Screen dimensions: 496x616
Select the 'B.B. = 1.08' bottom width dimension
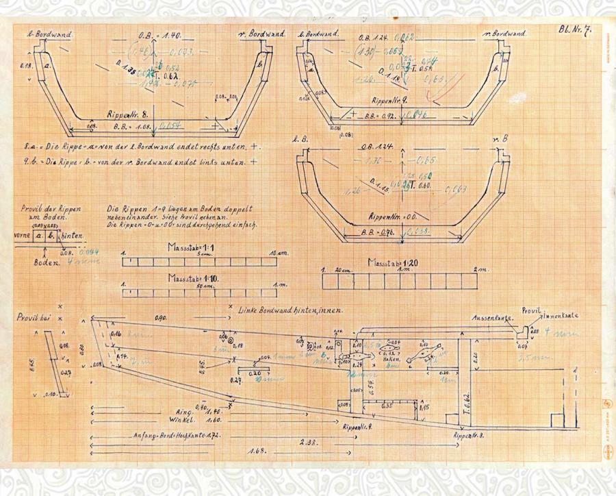click(x=131, y=127)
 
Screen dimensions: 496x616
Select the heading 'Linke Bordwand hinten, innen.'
click(x=290, y=310)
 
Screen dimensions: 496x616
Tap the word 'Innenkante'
click(x=563, y=316)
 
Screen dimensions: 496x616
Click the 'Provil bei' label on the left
click(x=33, y=317)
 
